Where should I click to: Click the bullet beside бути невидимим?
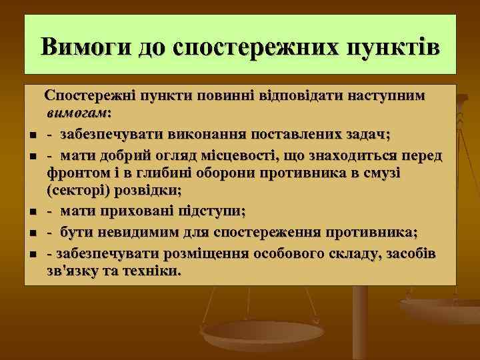click(32, 234)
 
